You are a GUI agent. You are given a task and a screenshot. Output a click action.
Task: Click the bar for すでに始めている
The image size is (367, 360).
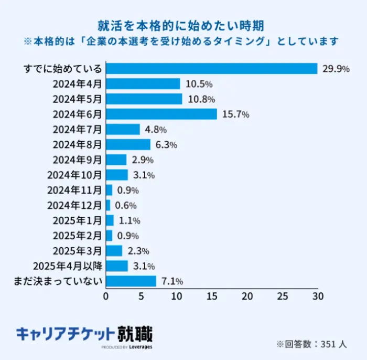click(212, 69)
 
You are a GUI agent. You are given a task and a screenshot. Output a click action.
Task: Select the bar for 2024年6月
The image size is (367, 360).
click(161, 114)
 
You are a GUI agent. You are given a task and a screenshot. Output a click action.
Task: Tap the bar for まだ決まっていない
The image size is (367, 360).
click(131, 281)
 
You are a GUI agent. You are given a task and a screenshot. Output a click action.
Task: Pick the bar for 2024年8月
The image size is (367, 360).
click(128, 144)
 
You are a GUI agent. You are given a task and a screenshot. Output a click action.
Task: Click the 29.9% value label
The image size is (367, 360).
click(336, 69)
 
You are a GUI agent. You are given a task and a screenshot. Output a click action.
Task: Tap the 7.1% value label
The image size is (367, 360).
click(172, 281)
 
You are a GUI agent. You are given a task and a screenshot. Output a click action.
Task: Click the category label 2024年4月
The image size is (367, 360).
click(78, 84)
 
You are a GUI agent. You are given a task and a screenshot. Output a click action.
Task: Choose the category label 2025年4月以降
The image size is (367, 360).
click(67, 266)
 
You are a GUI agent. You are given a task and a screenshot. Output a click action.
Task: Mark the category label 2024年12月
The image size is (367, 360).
click(74, 205)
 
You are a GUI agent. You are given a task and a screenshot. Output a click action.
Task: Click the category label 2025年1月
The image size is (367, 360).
click(78, 220)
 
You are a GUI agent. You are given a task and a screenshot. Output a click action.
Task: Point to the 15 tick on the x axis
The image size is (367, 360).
click(212, 296)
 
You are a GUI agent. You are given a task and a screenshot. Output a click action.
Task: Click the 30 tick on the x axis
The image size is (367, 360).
click(317, 296)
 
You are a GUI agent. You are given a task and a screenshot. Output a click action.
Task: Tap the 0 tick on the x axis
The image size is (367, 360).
click(106, 296)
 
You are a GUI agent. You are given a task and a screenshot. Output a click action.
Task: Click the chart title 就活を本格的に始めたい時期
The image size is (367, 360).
click(183, 25)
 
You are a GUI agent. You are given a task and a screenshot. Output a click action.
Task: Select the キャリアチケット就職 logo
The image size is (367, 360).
click(84, 334)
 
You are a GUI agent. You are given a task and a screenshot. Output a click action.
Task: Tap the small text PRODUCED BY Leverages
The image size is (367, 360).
click(126, 347)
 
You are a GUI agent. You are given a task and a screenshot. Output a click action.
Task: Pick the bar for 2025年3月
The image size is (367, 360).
click(114, 251)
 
